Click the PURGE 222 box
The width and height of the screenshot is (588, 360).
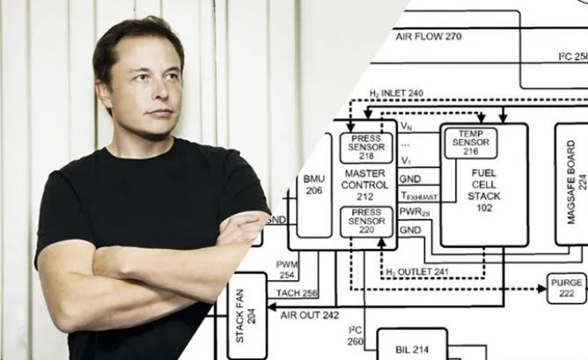(x=565, y=288)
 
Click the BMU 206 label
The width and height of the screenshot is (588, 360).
(x=314, y=184)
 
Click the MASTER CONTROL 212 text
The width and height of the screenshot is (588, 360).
(x=365, y=185)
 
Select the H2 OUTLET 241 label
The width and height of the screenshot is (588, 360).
(x=417, y=272)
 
